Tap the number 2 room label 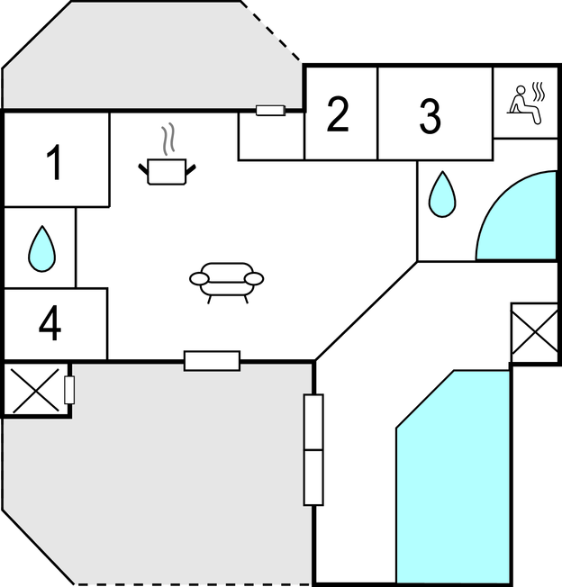(338, 114)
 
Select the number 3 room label (430, 116)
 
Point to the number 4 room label (50, 323)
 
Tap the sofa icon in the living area (227, 283)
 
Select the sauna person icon (526, 104)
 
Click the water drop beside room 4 (42, 248)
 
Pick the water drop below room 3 (442, 194)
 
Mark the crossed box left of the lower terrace (35, 391)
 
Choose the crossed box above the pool (534, 332)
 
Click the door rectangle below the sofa (212, 361)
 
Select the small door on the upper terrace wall (270, 111)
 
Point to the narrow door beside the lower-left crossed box (69, 390)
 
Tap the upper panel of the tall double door (313, 422)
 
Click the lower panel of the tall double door (313, 477)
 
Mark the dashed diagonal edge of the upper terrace (270, 32)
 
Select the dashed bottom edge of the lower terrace (194, 583)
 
